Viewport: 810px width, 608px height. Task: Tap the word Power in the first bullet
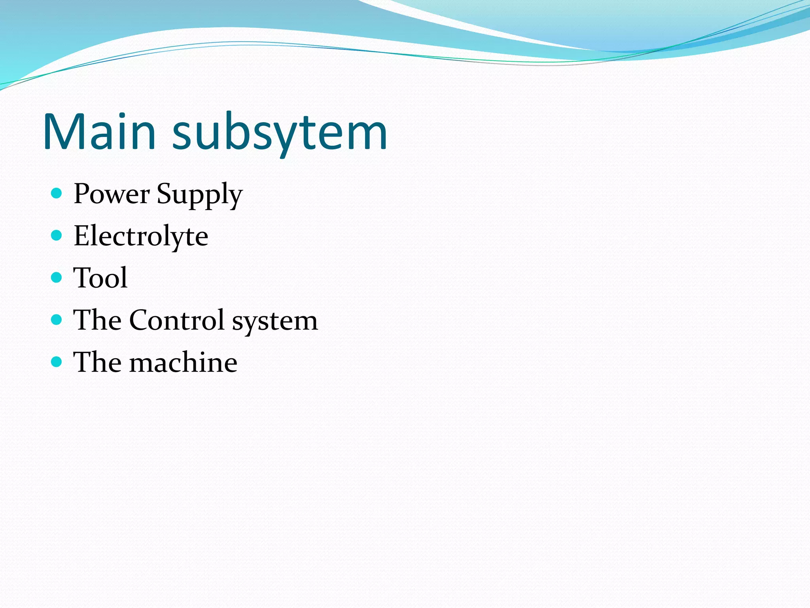(x=112, y=194)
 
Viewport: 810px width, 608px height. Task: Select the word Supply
(x=199, y=195)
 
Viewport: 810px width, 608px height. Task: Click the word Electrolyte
(x=141, y=236)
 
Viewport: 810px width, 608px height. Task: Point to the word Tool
(x=100, y=277)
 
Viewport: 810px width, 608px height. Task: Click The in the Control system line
(x=97, y=320)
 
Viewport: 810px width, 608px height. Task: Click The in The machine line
(x=97, y=362)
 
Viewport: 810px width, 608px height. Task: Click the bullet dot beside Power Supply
(x=57, y=193)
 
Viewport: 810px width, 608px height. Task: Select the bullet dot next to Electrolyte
(x=57, y=236)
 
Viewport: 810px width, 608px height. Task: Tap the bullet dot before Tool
(x=57, y=277)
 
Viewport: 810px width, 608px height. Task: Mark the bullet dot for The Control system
(x=57, y=319)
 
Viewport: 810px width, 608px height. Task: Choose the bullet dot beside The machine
(x=57, y=361)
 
